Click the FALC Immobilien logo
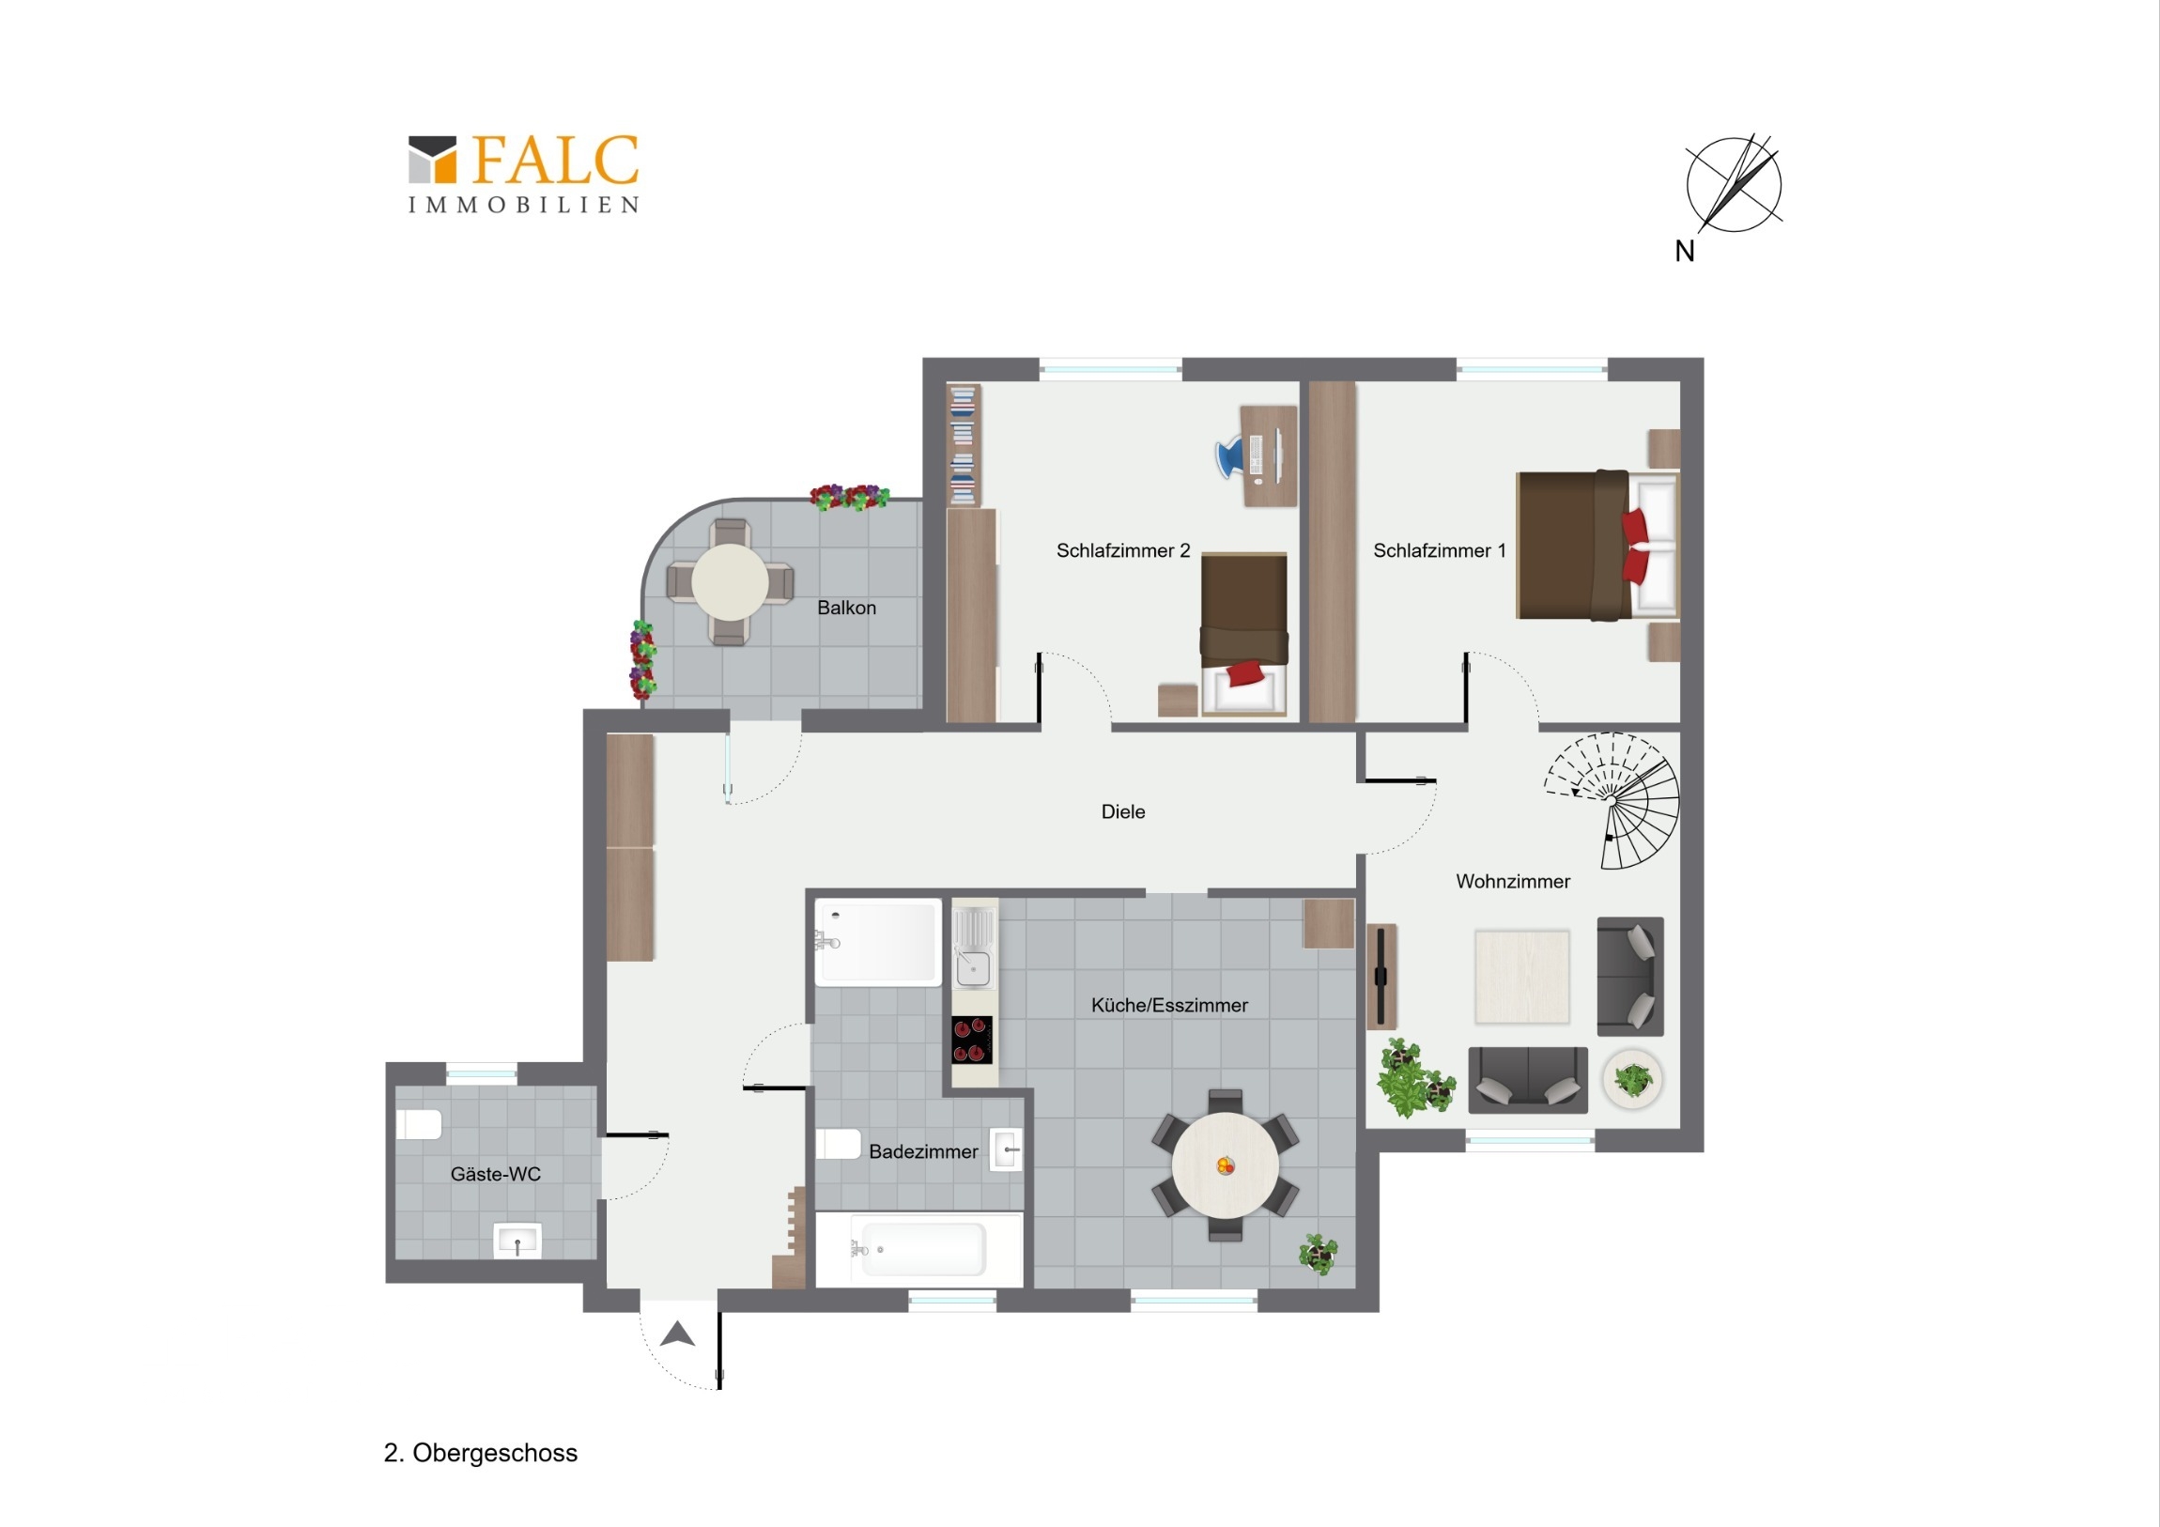click(x=524, y=174)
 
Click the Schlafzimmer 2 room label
click(x=1122, y=550)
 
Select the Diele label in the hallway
click(x=1122, y=811)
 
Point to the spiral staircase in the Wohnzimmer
click(x=1612, y=800)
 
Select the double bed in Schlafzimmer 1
click(x=1597, y=545)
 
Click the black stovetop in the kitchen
click(x=972, y=1040)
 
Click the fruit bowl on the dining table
click(x=1225, y=1165)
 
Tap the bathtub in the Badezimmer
click(x=919, y=1249)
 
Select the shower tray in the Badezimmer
click(x=878, y=943)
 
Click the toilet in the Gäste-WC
click(x=419, y=1124)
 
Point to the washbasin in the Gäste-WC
click(x=517, y=1241)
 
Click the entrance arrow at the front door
click(x=677, y=1334)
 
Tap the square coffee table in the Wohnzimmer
click(x=1522, y=976)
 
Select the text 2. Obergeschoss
click(x=481, y=1453)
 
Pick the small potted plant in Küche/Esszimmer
click(x=1318, y=1253)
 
